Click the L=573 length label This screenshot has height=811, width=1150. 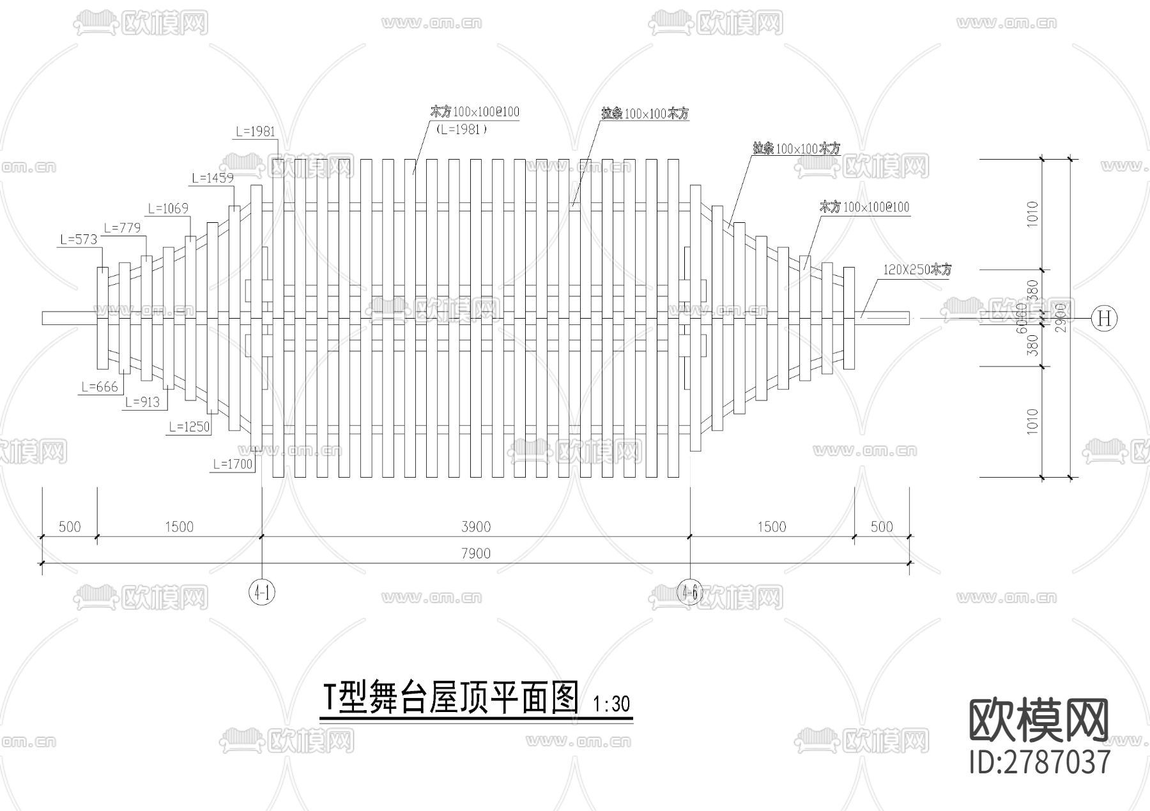pos(79,240)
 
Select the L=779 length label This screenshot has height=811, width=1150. pos(121,228)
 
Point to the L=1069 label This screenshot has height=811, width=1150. pos(168,209)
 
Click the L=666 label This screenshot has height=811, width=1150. pos(100,387)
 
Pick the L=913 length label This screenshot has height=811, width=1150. pos(142,402)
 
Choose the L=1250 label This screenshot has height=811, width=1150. pos(189,427)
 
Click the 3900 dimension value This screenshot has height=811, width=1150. pos(476,527)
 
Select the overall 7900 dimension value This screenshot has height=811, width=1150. pos(476,553)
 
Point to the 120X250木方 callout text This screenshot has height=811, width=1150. pos(917,270)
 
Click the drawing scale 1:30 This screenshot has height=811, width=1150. pos(611,704)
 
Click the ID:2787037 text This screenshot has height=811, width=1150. pos(1040,762)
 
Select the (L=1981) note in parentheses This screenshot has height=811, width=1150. pos(461,129)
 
